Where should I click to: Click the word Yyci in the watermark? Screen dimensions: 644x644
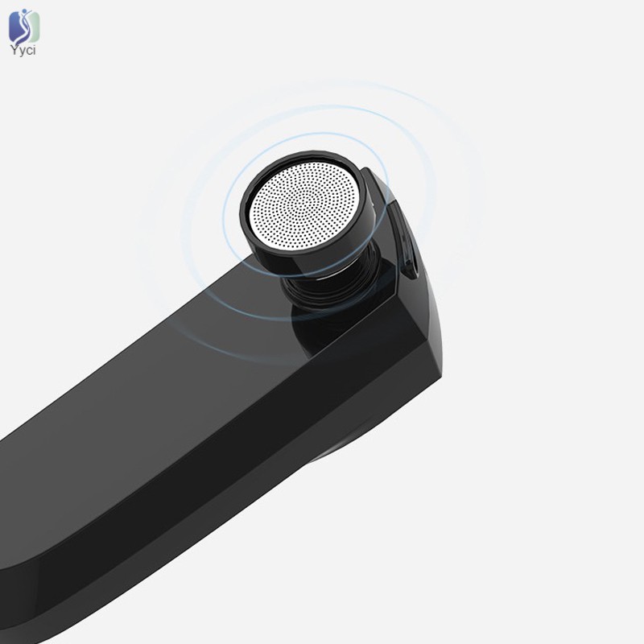pos(23,51)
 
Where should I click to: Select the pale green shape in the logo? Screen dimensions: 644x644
pos(34,27)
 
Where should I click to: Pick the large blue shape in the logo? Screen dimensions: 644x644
pos(16,27)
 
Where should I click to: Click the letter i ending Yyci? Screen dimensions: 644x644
pos(35,50)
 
